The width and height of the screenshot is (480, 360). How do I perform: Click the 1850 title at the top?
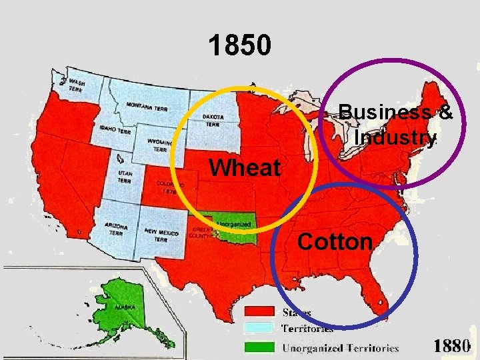[x=239, y=45]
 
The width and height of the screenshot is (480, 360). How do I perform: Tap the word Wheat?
[x=245, y=168]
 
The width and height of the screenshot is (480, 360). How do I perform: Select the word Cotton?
[x=335, y=241]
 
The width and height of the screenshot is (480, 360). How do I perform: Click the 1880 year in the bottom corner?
[x=452, y=346]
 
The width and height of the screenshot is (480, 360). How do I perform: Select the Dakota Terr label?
[x=213, y=120]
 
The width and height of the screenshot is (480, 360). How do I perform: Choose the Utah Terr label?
[x=125, y=177]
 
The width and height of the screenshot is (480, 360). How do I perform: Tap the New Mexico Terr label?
[x=161, y=235]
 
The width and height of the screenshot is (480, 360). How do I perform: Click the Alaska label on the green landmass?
[x=124, y=307]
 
